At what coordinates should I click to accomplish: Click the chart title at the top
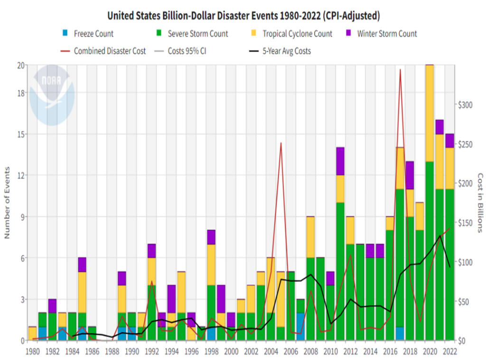tap(243, 16)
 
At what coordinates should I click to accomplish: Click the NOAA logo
tap(52, 95)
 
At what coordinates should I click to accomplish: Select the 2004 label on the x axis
tap(271, 352)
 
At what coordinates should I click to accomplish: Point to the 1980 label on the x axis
tap(32, 352)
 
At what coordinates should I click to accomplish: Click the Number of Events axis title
tap(7, 202)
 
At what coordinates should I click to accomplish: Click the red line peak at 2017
tap(400, 70)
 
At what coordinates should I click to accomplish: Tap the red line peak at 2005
tap(281, 143)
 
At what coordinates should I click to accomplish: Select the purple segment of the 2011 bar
tap(340, 161)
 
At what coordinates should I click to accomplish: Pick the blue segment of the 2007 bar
tap(301, 326)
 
